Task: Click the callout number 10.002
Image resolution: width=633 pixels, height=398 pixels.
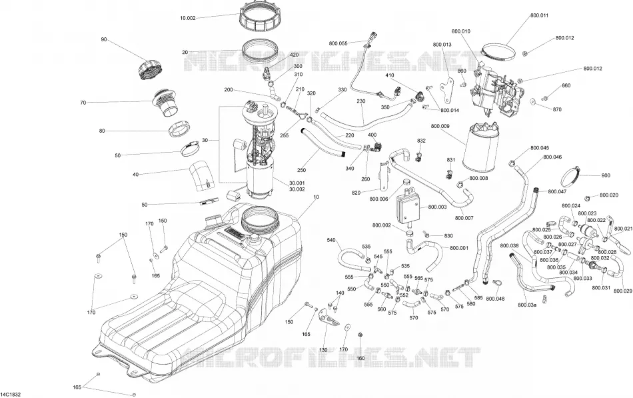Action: [188, 18]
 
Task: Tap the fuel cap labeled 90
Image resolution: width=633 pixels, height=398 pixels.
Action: [150, 70]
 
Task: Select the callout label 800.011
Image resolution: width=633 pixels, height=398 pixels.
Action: [539, 16]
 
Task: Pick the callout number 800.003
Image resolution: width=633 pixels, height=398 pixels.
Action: [437, 207]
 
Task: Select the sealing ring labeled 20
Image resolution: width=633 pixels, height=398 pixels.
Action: [261, 51]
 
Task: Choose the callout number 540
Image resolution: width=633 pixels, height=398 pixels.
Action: [331, 241]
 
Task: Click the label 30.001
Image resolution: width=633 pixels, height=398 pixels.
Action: [297, 183]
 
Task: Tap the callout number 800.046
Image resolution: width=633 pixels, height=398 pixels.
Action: [552, 157]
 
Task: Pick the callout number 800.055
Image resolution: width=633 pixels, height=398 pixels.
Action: [338, 43]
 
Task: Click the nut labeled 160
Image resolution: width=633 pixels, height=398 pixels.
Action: [360, 335]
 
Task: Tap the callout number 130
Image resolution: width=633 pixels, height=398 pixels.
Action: [323, 350]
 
